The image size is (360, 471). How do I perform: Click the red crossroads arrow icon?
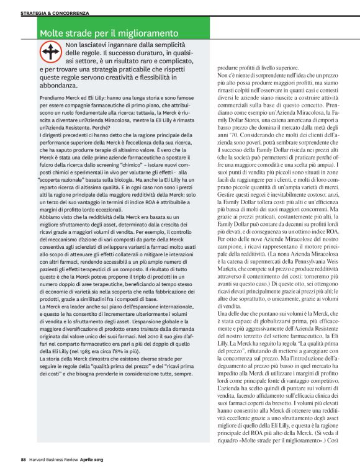pyautogui.click(x=50, y=52)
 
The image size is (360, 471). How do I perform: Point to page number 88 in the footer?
pyautogui.click(x=23, y=459)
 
